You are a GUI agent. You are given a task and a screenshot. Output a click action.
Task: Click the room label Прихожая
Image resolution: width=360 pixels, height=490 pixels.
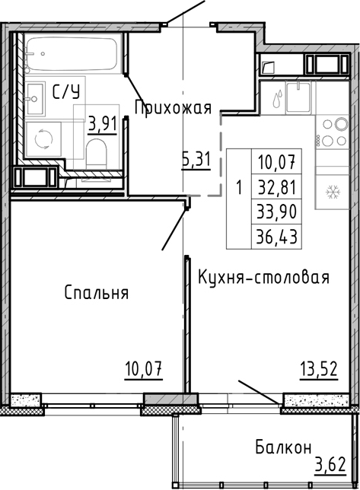click(172, 107)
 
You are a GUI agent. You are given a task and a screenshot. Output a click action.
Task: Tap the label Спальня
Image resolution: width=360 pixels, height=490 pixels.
click(96, 293)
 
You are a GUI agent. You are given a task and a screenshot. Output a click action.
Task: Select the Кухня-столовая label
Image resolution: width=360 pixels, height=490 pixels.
click(263, 276)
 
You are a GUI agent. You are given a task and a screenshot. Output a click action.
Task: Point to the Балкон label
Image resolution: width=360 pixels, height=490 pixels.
click(283, 447)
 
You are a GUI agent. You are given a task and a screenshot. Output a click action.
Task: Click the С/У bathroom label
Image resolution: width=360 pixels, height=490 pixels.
click(65, 93)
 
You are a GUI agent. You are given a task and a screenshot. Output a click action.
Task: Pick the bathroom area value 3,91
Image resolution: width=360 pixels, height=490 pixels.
click(102, 123)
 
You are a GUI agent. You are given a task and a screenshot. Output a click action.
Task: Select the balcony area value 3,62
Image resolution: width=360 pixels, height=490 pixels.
click(333, 463)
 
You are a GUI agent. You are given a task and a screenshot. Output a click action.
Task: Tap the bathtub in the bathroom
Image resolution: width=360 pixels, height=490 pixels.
click(68, 54)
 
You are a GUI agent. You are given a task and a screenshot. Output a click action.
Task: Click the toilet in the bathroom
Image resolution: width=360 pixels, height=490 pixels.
click(97, 154)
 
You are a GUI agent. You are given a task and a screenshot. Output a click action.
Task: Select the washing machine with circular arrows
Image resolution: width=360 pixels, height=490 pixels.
click(43, 138)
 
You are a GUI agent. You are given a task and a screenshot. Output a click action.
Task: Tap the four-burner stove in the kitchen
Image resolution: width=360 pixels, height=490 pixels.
click(332, 132)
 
